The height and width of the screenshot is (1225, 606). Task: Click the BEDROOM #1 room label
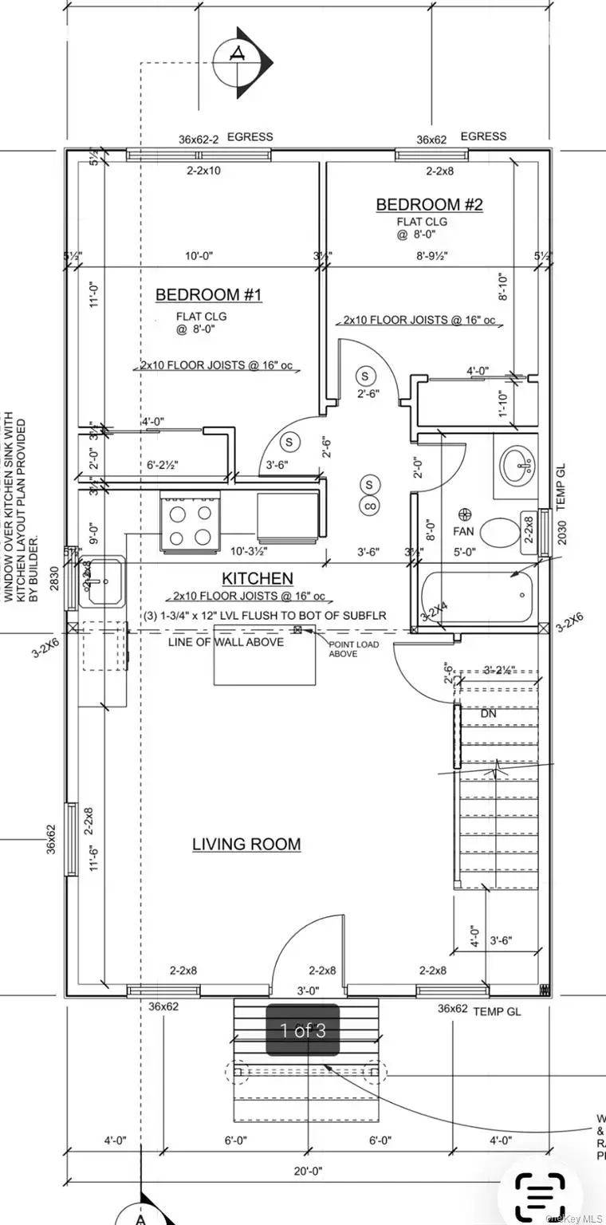click(x=208, y=295)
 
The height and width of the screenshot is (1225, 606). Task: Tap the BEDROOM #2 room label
click(x=429, y=205)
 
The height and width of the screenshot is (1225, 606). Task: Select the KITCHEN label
click(x=257, y=578)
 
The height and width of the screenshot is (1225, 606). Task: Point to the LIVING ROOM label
click(x=246, y=844)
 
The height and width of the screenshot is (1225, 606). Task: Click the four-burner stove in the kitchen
click(x=191, y=522)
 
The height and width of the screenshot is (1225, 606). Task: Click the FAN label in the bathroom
click(x=465, y=530)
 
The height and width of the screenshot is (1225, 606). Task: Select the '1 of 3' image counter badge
click(x=303, y=1030)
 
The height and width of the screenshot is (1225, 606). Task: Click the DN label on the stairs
click(x=489, y=715)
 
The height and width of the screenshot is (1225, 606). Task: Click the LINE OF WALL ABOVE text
click(x=226, y=641)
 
